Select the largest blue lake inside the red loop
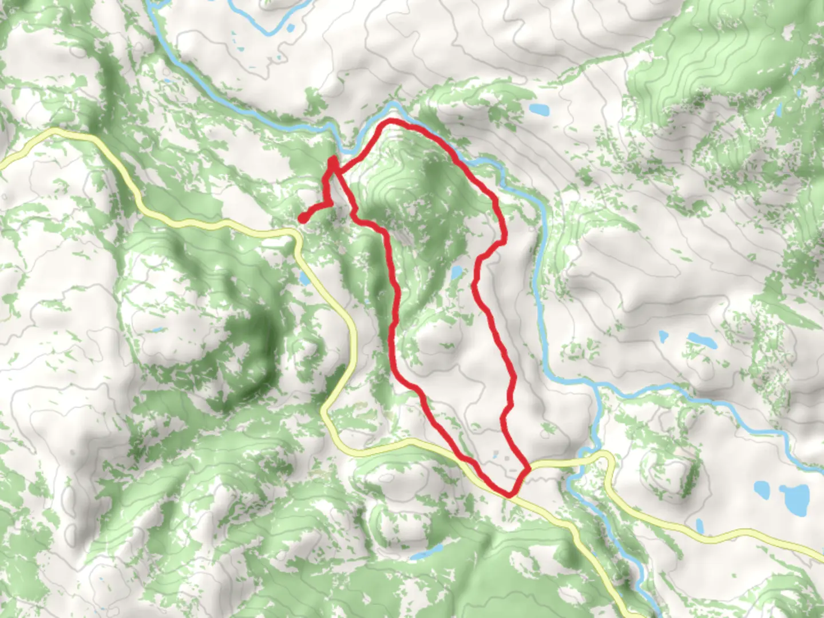pos(456,272)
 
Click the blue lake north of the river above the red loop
pos(538,109)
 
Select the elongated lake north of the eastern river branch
pos(702,340)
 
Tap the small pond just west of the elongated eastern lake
pos(663,335)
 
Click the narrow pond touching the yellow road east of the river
pos(699,526)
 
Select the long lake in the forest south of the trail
pos(426,553)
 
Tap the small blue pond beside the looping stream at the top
pos(290,27)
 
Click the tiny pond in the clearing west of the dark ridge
pos(154,330)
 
